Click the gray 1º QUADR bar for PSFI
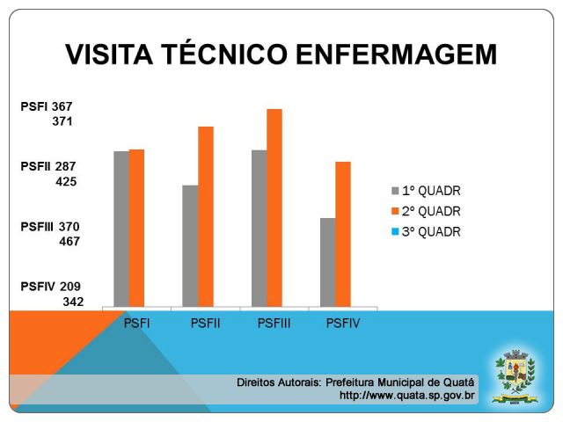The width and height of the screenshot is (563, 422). click(x=121, y=229)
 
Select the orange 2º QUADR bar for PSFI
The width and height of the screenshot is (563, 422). click(x=136, y=228)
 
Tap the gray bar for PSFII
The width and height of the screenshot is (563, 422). click(x=190, y=246)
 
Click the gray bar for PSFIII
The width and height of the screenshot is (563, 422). click(x=259, y=229)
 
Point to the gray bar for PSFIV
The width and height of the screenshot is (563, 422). click(x=327, y=262)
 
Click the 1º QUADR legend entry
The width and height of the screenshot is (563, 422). click(x=426, y=191)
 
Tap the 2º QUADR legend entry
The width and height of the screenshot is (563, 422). click(x=426, y=212)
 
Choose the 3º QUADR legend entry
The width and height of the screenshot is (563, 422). click(x=426, y=232)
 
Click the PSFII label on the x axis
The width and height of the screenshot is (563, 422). click(x=205, y=324)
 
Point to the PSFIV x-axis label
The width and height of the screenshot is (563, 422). click(x=342, y=324)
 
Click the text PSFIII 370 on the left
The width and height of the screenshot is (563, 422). click(x=50, y=226)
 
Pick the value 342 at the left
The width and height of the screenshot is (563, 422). click(x=72, y=302)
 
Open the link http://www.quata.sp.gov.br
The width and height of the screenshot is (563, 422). click(x=406, y=396)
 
